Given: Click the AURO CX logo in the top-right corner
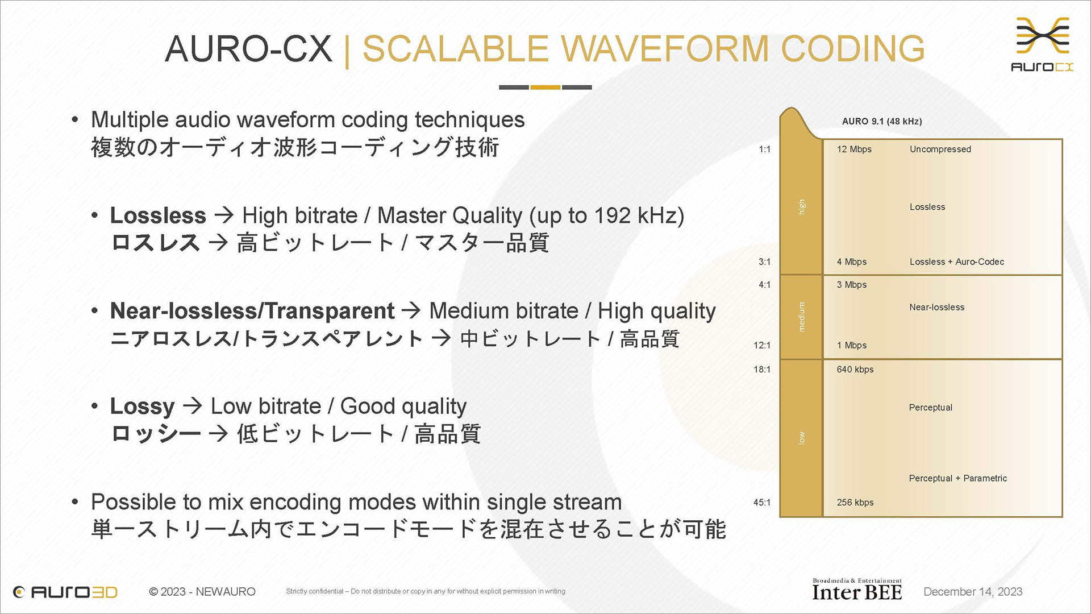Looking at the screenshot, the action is tap(1042, 44).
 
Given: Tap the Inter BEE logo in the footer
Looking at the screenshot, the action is tap(857, 590).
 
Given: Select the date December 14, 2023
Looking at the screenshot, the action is tap(973, 592).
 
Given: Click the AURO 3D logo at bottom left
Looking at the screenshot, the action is tap(65, 592).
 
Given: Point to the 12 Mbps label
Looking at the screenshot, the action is tap(854, 150).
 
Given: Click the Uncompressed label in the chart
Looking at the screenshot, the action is tap(940, 150).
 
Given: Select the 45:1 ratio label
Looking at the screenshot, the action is tap(762, 503).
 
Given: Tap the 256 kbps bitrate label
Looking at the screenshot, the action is tap(855, 503).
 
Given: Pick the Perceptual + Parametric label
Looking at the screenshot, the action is tap(958, 479).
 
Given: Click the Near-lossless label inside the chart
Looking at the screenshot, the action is tap(937, 308).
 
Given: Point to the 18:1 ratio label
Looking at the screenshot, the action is tap(762, 370).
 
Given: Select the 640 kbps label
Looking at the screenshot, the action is tap(855, 370).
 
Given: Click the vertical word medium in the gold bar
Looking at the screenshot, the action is tap(802, 317).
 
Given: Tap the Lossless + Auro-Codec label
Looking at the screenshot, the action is tap(957, 262).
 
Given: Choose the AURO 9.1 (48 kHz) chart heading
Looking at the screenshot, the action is tap(882, 122).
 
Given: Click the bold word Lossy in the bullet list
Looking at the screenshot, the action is tap(142, 407).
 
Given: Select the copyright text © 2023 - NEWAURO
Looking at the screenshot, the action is tap(202, 592).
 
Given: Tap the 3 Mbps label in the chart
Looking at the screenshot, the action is tap(852, 285).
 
